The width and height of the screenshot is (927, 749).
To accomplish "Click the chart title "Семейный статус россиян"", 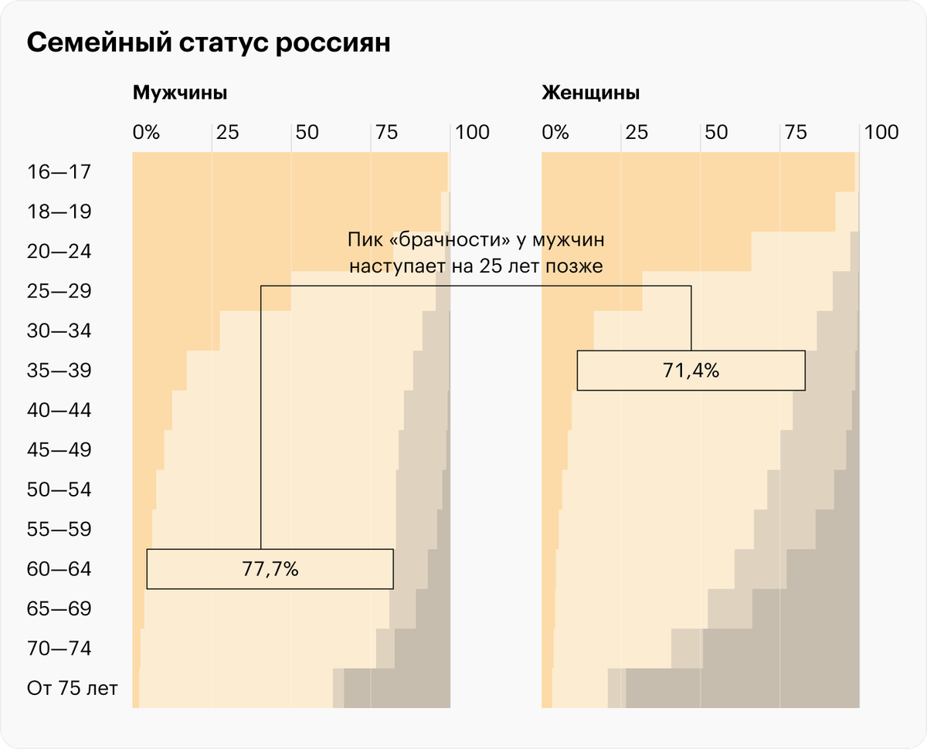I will coord(209,43).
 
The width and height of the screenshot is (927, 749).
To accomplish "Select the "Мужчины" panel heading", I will coord(180,93).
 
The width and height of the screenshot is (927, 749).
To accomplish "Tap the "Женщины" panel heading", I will coord(590,93).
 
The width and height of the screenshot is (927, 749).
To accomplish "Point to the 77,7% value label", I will coord(270,570).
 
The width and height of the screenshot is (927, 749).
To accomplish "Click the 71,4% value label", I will coord(691,371).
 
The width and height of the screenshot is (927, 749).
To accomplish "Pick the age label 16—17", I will coord(59,171).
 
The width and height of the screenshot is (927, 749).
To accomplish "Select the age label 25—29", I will coord(59,291).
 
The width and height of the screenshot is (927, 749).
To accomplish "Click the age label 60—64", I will coord(59,570).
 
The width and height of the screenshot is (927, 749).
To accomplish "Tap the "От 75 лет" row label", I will coord(72,687).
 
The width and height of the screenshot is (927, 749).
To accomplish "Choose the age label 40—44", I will coord(59,410).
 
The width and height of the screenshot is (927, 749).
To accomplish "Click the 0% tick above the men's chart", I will coord(146,132).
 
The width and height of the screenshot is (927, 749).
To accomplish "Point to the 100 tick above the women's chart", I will coord(881,132).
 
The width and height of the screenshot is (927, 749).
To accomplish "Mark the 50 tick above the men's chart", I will coord(307,132).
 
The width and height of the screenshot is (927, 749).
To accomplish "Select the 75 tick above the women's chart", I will coord(796,132).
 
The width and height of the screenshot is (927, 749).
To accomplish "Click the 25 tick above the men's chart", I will coord(227,132).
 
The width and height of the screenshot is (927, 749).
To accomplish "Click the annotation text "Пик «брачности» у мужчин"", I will coord(475,240).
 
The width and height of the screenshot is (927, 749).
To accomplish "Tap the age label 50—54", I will coord(59,490).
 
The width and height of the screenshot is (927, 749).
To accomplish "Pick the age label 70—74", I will coord(59,649).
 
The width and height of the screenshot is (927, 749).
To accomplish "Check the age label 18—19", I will coord(59,212).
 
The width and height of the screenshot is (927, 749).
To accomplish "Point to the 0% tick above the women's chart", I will coord(555,132).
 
